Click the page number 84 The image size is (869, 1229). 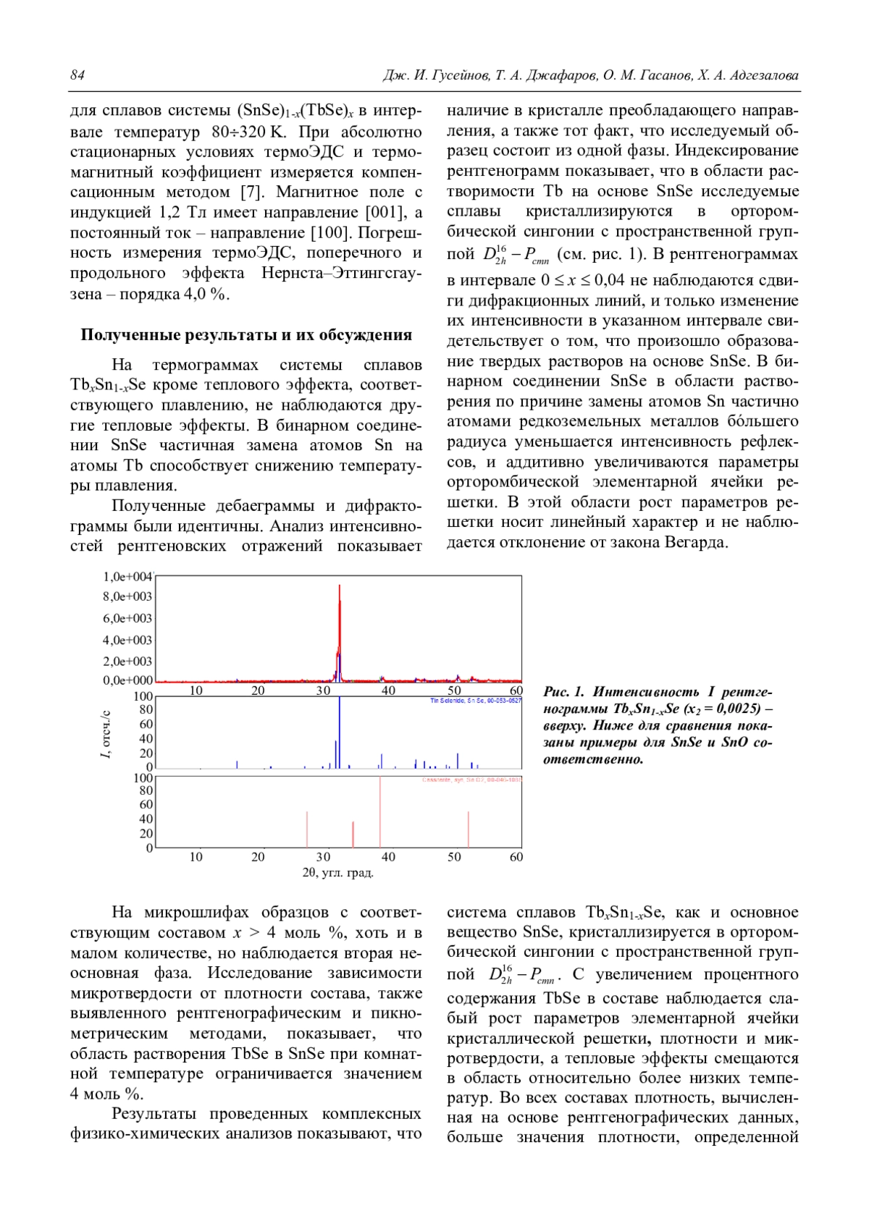(77, 75)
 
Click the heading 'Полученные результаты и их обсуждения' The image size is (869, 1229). (246, 334)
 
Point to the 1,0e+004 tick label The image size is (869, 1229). (127, 577)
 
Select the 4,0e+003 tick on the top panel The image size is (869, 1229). (127, 640)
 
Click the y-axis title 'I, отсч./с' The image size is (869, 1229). (106, 735)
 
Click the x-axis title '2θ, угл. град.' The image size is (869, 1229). (337, 873)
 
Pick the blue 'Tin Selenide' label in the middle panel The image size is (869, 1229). (475, 701)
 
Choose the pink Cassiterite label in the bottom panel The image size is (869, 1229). (471, 780)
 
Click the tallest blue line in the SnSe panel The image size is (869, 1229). (340, 731)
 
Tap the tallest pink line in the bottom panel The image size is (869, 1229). (380, 811)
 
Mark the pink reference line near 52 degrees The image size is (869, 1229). (469, 829)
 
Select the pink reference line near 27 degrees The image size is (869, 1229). (307, 829)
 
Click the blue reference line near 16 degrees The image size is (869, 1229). (237, 764)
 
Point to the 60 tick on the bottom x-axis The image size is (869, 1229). (516, 857)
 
